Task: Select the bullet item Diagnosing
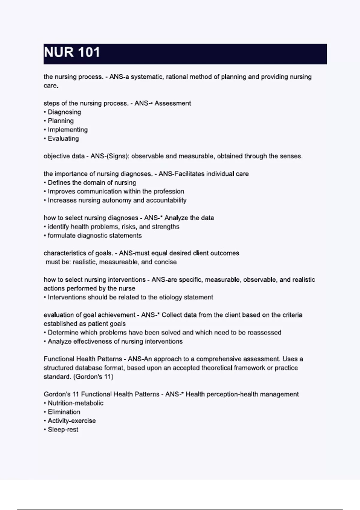[64, 112]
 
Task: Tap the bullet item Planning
[61, 121]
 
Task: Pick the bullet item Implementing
[67, 130]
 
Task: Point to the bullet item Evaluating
[63, 139]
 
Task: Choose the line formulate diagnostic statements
[94, 235]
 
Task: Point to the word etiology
[170, 297]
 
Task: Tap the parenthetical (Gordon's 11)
[93, 377]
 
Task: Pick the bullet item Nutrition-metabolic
[75, 403]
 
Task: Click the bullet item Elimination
[64, 412]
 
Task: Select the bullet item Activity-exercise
[72, 421]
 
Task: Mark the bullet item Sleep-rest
[63, 430]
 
